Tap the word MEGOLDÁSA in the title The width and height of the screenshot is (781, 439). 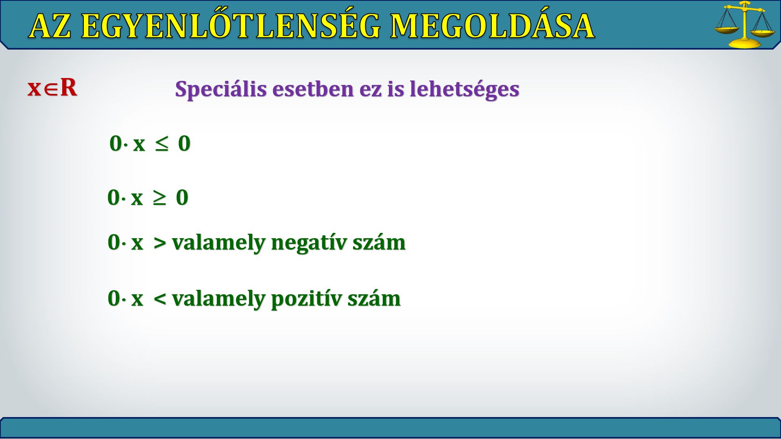pyautogui.click(x=492, y=26)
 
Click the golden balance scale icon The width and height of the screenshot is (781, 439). pyautogui.click(x=745, y=25)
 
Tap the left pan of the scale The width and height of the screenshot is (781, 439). pyautogui.click(x=727, y=30)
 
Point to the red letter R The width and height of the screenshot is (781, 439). pyautogui.click(x=68, y=87)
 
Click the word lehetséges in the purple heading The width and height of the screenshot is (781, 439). pyautogui.click(x=464, y=89)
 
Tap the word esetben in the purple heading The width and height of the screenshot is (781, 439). pyautogui.click(x=312, y=89)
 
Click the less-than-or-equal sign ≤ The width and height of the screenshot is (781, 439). pyautogui.click(x=161, y=144)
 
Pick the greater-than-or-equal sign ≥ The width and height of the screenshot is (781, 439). pyautogui.click(x=159, y=198)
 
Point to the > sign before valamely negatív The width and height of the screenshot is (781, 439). pyautogui.click(x=160, y=243)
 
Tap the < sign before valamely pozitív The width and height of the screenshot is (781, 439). pyautogui.click(x=160, y=299)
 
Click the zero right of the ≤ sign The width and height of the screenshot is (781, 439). pyautogui.click(x=184, y=143)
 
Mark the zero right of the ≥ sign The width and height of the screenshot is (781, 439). pyautogui.click(x=182, y=198)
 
